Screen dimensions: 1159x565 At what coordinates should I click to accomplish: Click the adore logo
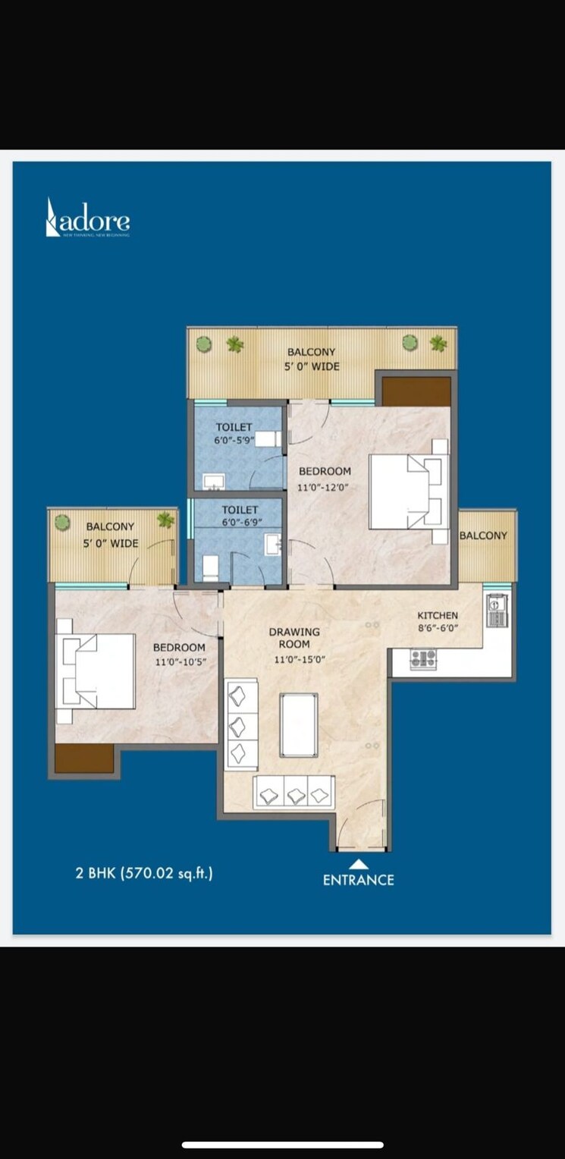coord(88,219)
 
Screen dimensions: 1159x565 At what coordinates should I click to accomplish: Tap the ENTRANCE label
coord(358,880)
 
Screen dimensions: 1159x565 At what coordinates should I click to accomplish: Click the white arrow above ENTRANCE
coord(359,863)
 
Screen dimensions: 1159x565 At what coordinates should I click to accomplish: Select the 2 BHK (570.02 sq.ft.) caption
coord(144,873)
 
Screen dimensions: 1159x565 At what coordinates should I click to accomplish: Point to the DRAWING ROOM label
coord(294,638)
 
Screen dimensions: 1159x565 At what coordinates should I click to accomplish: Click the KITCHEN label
coord(438,615)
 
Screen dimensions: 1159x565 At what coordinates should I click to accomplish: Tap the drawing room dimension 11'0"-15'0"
coord(300,660)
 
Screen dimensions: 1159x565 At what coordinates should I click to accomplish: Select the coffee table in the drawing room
coord(299,724)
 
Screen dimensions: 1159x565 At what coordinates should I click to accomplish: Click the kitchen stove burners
coord(423,658)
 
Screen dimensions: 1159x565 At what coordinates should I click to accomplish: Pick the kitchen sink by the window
coord(496,610)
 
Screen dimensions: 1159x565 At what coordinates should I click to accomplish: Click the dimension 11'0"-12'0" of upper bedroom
coord(322,488)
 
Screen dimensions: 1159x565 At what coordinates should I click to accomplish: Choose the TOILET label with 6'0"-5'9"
coord(234,427)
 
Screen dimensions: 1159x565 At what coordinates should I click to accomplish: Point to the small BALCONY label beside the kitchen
coord(483,536)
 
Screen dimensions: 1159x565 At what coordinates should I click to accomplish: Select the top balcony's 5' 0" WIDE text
coord(311,367)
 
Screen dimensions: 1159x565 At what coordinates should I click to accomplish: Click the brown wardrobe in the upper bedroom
coord(416,391)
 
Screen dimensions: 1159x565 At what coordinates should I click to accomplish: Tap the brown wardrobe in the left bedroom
coord(84,758)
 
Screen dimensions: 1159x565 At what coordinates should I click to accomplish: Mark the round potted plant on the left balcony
coord(63,522)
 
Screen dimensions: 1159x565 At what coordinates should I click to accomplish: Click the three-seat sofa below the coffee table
coord(294,793)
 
